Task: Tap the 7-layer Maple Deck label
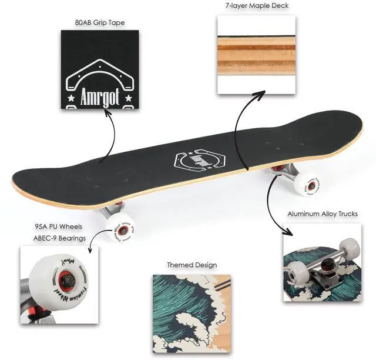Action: (257, 6)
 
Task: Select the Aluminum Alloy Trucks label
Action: (323, 214)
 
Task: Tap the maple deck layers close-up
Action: (256, 54)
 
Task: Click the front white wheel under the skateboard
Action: (121, 224)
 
